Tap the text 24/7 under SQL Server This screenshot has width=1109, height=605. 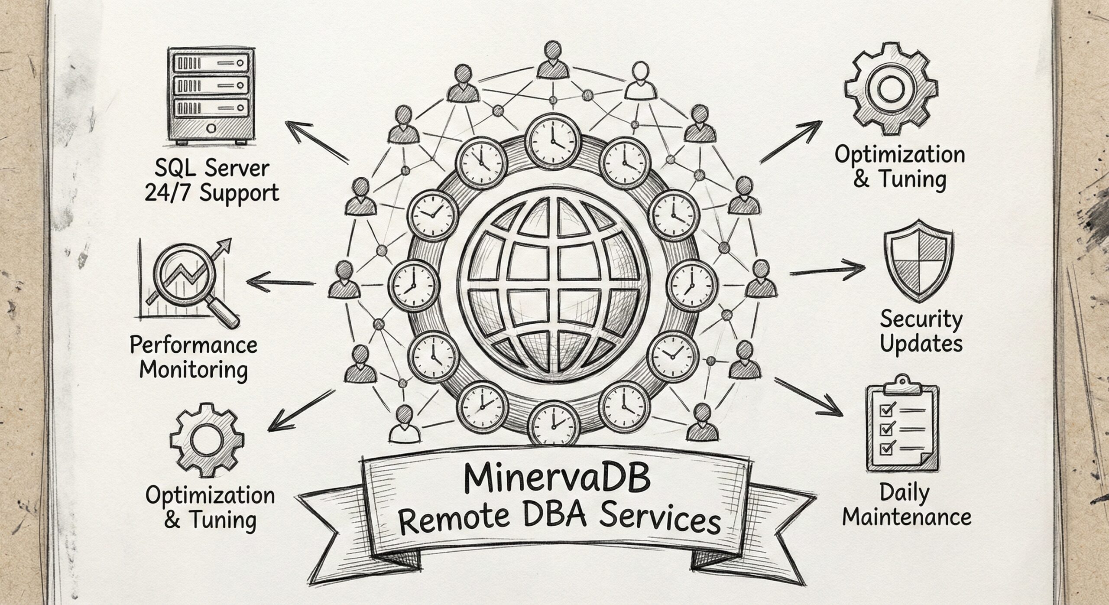(x=170, y=192)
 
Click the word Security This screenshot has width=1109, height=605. (x=921, y=319)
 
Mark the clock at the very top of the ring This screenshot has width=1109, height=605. (x=553, y=137)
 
